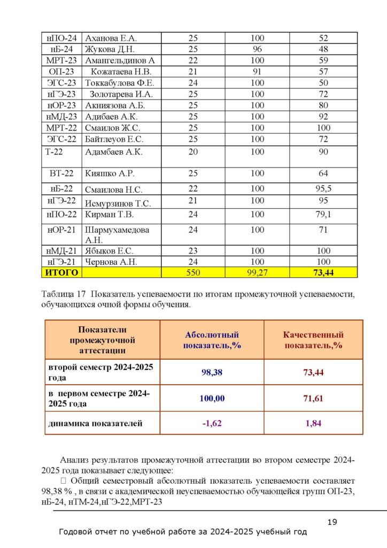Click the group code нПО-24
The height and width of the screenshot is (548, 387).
coord(61,38)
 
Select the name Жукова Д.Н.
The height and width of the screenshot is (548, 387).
coord(108,49)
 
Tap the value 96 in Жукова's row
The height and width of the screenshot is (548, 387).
coord(257,49)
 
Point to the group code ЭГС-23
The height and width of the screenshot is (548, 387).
coord(61,83)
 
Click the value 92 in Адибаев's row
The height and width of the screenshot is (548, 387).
coord(323,117)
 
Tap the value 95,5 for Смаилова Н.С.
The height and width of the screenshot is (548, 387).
coord(323,188)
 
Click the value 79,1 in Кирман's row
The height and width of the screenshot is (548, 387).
coord(323,214)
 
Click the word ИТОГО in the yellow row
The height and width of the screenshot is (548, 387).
coord(61,273)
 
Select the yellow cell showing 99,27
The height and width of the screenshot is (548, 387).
coord(257,273)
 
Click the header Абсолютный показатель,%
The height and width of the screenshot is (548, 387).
coord(212,340)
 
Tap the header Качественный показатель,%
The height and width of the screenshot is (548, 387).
coord(313,340)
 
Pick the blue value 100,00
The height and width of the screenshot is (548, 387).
coord(212,398)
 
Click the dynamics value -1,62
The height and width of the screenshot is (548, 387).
coord(212,423)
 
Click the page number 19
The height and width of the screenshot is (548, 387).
coord(332,522)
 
